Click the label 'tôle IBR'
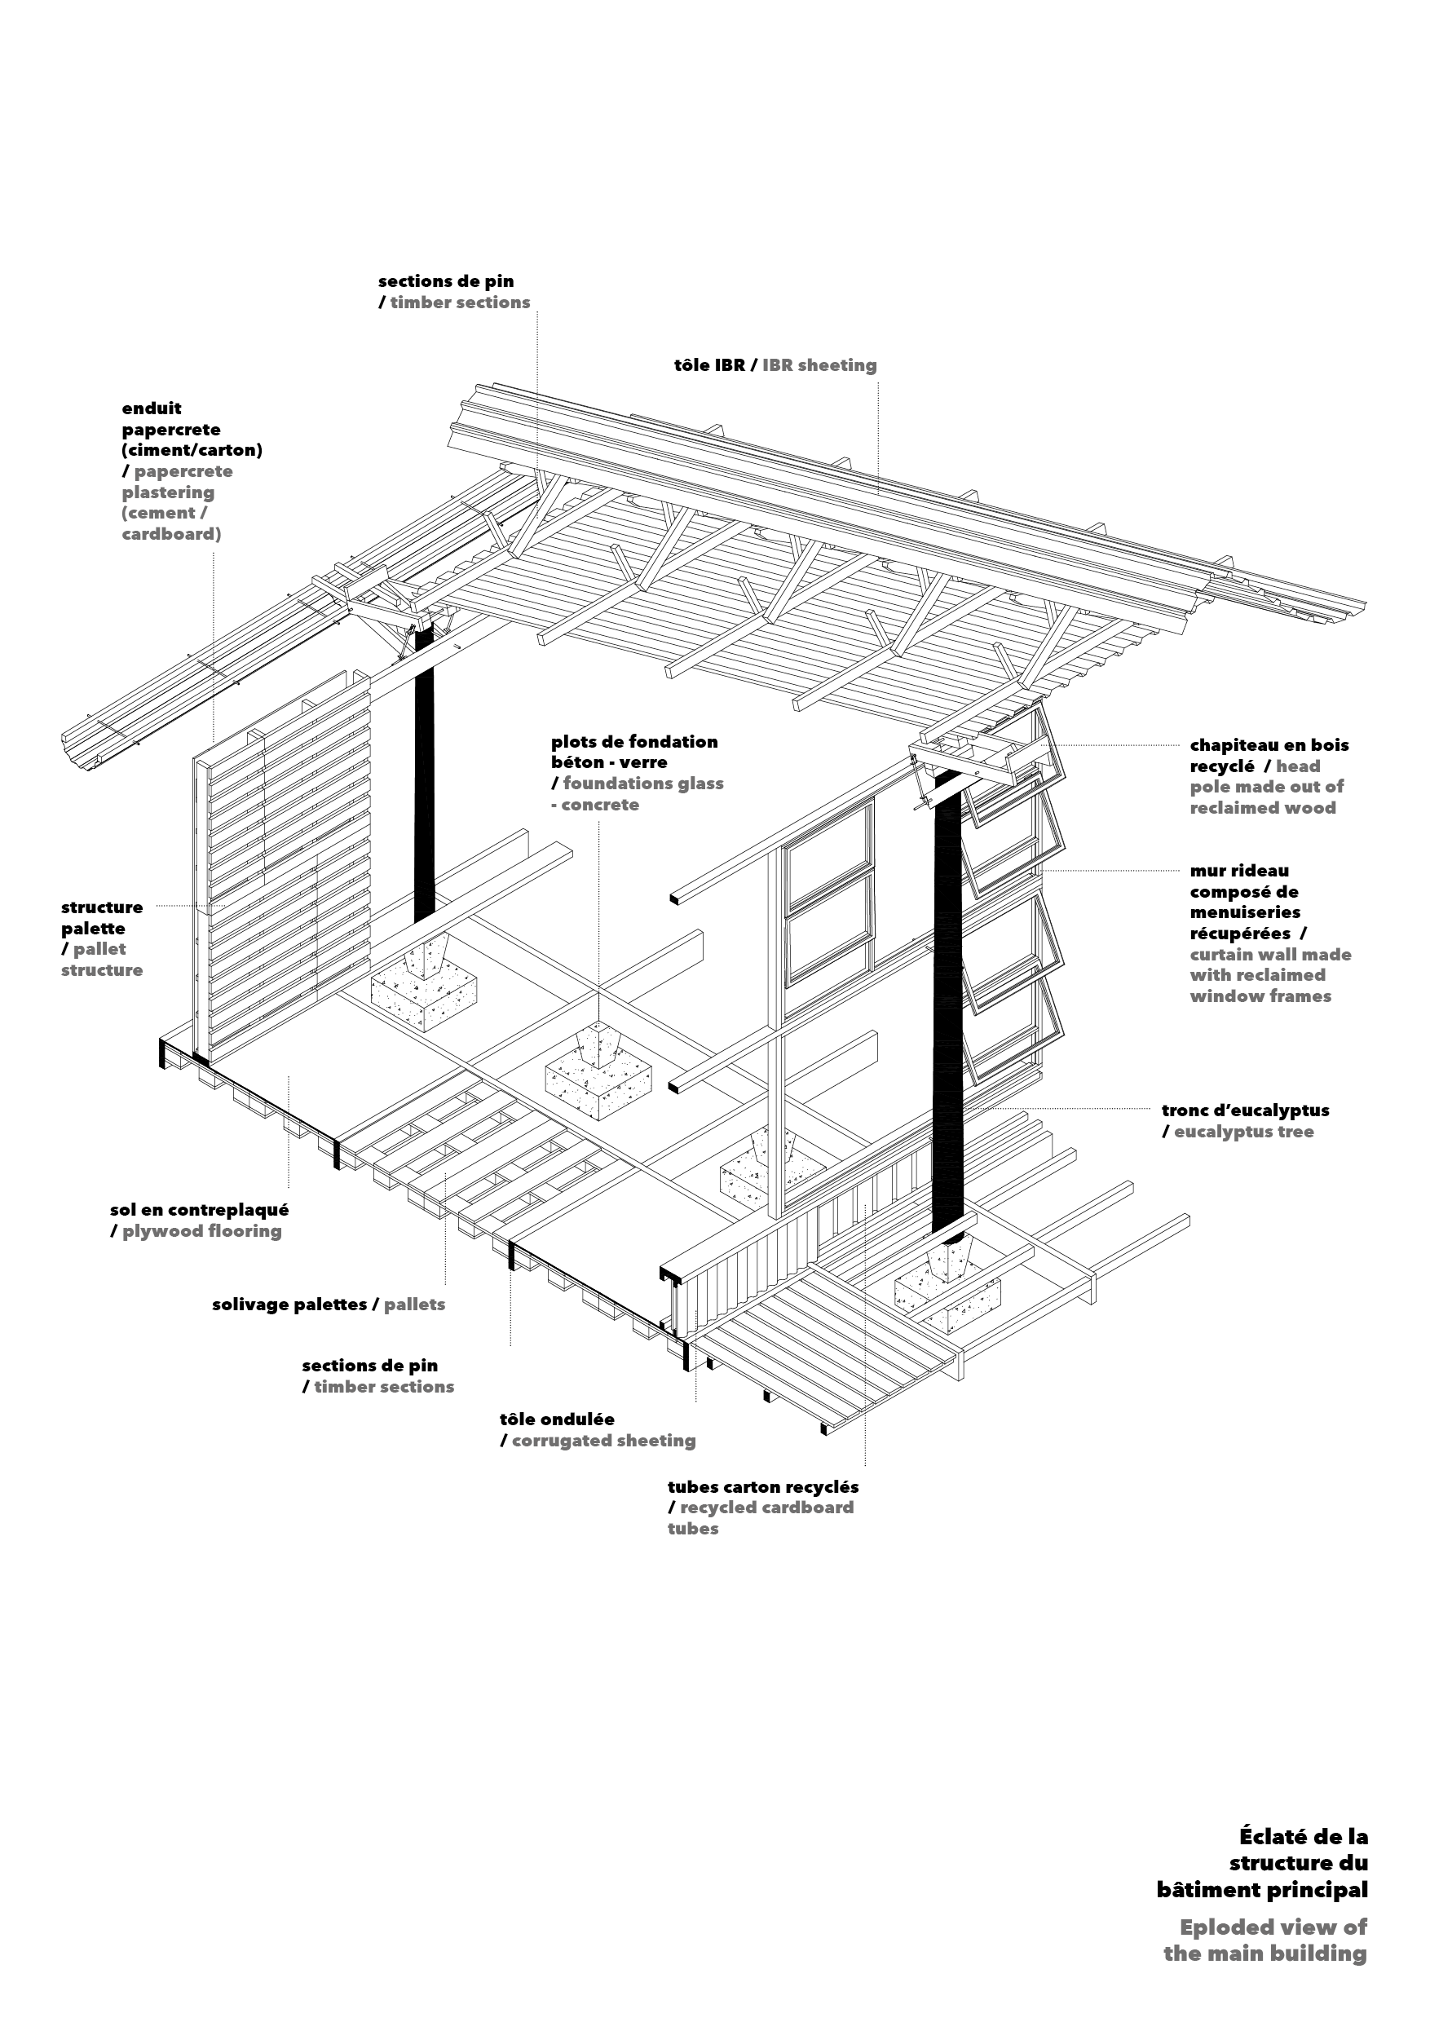(x=710, y=364)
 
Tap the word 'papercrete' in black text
(x=171, y=430)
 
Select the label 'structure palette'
(x=101, y=918)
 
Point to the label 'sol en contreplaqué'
(x=199, y=1210)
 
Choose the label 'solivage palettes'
(x=289, y=1305)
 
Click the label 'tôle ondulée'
(x=558, y=1419)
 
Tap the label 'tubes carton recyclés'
(x=762, y=1486)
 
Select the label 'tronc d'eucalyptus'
(x=1245, y=1110)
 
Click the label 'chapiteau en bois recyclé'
(x=1269, y=756)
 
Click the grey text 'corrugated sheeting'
(x=603, y=1441)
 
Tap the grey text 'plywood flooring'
(x=201, y=1231)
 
